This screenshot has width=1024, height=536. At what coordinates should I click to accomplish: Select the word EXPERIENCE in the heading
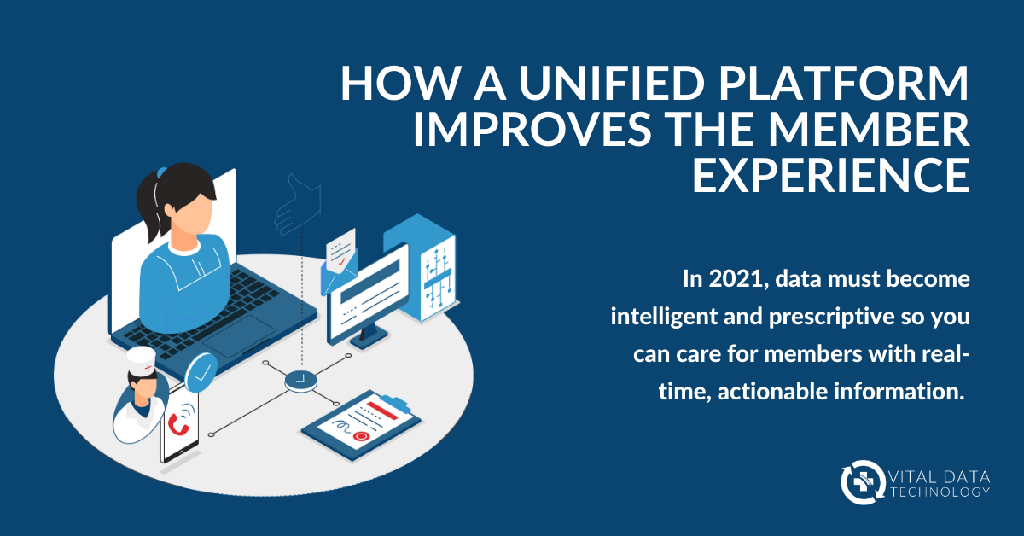pyautogui.click(x=829, y=173)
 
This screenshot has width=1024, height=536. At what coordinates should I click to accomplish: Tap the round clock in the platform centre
pyautogui.click(x=300, y=378)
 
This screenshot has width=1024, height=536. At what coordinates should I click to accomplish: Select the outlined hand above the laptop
pyautogui.click(x=297, y=203)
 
